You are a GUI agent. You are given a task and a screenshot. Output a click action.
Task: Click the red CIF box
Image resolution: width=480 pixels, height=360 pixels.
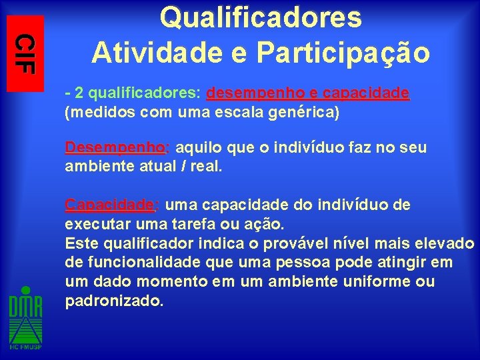click(25, 53)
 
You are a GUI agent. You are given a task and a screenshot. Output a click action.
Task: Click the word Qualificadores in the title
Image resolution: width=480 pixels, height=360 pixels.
click(261, 18)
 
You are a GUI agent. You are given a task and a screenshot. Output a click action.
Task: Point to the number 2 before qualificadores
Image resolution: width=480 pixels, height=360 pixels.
click(79, 94)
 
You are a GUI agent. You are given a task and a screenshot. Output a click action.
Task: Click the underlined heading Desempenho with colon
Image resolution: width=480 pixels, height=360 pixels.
click(117, 147)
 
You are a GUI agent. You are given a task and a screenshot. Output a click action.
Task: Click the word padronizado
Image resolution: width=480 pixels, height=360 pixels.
click(114, 301)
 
